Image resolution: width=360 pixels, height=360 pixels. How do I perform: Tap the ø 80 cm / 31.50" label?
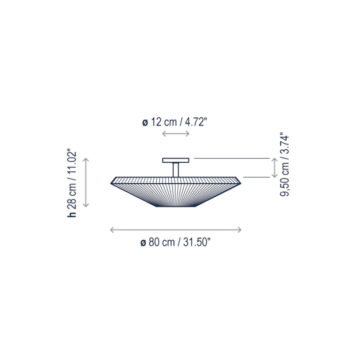175,242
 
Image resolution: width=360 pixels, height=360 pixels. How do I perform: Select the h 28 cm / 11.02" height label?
72,184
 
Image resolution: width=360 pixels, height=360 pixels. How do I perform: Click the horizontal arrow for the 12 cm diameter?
175,133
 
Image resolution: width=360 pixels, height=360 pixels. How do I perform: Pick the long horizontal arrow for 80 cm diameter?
175,229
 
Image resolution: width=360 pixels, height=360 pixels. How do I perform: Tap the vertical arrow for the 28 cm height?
85,183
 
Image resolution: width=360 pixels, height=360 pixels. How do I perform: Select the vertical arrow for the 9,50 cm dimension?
274,167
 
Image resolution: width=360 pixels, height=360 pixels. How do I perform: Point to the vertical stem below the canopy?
175,170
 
